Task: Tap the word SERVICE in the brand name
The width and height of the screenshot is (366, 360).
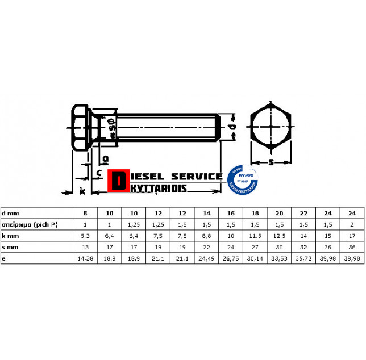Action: click(197, 176)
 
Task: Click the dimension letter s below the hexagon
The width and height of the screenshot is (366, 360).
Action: click(272, 163)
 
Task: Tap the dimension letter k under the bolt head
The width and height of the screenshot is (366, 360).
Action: click(83, 191)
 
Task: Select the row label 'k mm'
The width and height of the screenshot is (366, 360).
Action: click(10, 235)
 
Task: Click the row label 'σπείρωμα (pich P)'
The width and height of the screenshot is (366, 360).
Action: click(30, 224)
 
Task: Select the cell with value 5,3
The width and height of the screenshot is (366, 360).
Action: click(85, 235)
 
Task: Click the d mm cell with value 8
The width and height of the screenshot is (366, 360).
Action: click(85, 212)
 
